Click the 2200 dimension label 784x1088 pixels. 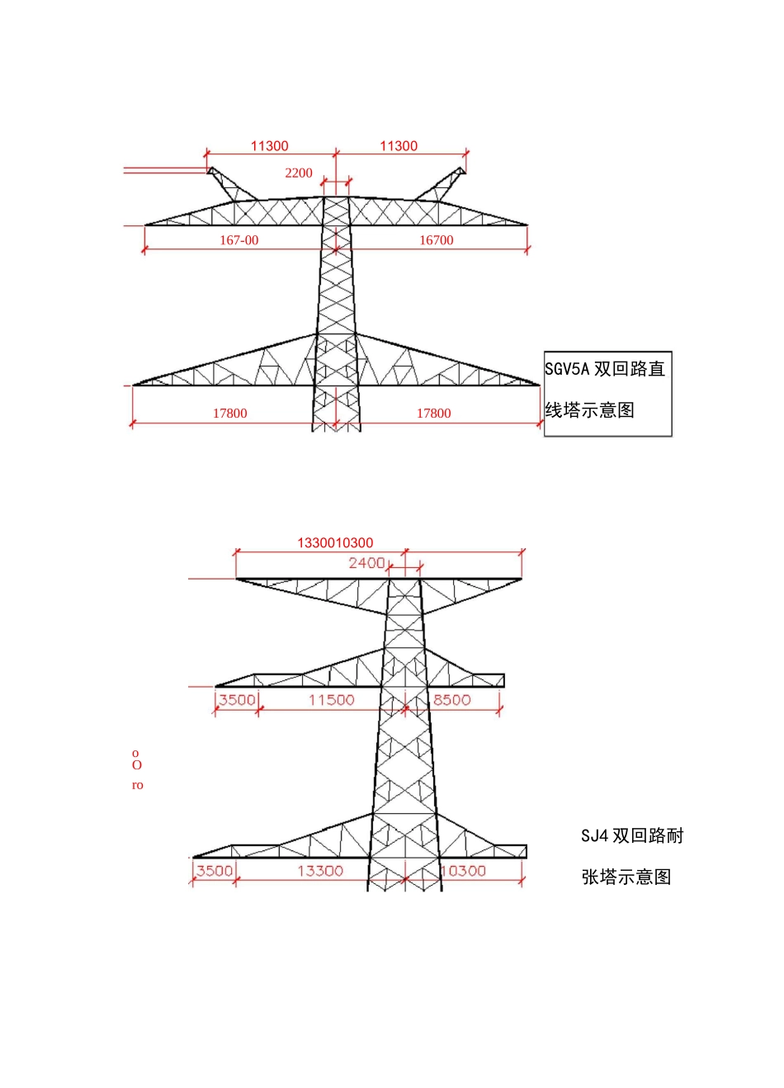pos(299,173)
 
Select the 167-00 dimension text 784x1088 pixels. pos(239,240)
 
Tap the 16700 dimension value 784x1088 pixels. pos(436,240)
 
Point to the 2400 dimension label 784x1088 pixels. pos(366,563)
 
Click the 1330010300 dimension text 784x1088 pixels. pos(335,542)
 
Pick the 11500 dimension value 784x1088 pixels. pos(331,700)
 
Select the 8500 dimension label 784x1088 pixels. pos(451,700)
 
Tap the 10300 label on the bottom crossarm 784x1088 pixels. pos(464,871)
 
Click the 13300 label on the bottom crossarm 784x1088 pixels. pos(320,871)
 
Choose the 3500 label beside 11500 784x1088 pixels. pos(236,700)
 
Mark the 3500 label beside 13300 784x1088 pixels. pos(214,871)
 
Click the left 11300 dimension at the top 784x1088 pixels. pos(270,146)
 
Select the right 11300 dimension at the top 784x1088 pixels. pos(399,146)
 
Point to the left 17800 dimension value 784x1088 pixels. pos(229,413)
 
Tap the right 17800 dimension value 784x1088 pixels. pos(433,413)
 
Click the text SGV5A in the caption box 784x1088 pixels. pos(568,369)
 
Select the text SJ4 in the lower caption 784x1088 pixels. pos(594,835)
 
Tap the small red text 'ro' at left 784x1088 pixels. pos(137,785)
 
